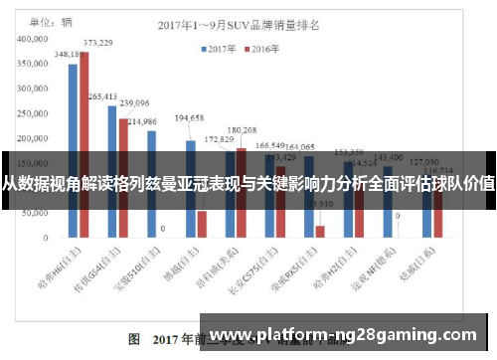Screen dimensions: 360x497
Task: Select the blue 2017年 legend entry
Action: (221, 47)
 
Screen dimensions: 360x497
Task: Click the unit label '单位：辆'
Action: (44, 20)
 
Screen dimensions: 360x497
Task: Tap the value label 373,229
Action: (97, 43)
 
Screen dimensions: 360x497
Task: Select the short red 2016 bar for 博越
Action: (202, 224)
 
